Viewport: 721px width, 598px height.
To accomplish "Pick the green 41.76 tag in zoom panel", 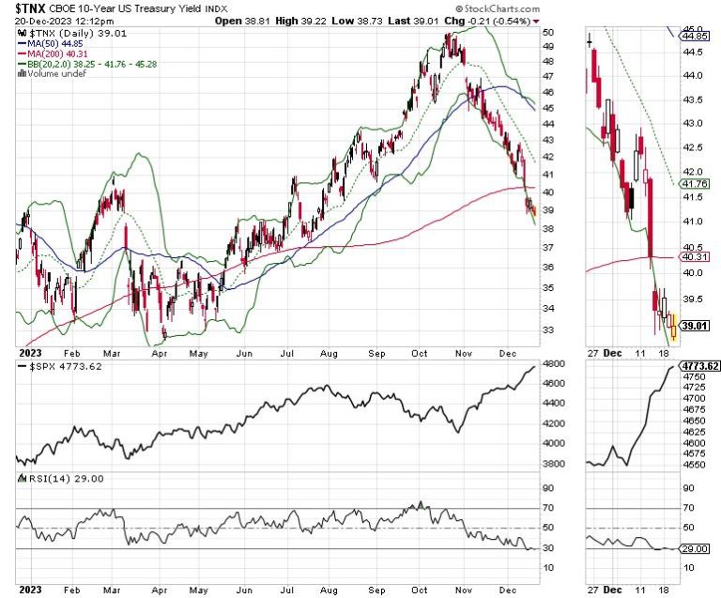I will click(696, 185).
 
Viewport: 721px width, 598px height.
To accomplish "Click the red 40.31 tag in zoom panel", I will click(696, 256).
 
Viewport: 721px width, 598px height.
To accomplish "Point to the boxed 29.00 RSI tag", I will click(696, 548).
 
